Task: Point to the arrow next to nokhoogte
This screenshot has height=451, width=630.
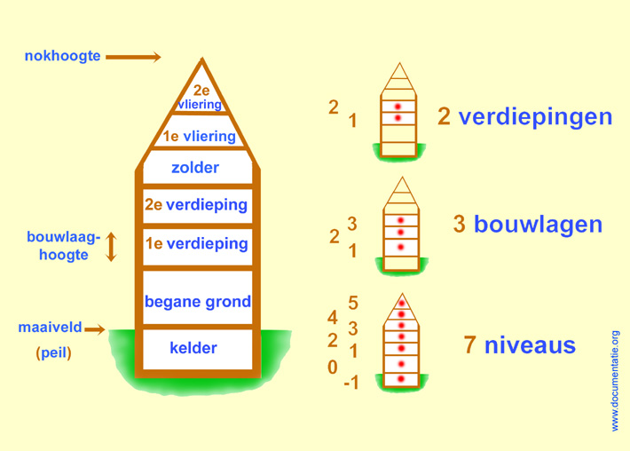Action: point(133,58)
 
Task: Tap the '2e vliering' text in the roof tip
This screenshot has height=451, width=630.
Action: point(201,97)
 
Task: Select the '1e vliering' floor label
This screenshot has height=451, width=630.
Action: point(199,137)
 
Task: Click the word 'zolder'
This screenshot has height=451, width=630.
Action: point(195,167)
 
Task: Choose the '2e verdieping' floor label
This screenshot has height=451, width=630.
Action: point(196,204)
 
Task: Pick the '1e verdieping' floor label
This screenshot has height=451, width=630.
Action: point(196,243)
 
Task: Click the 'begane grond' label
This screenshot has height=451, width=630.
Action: point(198,301)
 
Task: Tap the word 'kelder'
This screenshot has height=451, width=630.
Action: point(193,348)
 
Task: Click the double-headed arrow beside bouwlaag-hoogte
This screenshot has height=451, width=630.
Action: point(111,247)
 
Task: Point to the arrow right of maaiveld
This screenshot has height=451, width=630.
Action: point(95,329)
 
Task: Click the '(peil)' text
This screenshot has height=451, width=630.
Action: point(53,352)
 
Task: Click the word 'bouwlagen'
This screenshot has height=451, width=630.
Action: point(538,224)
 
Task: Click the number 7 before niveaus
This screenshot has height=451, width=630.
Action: point(470,344)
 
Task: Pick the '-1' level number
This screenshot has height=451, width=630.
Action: point(351,384)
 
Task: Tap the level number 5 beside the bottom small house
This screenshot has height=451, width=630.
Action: point(353,304)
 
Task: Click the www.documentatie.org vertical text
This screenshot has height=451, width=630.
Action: point(615,381)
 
